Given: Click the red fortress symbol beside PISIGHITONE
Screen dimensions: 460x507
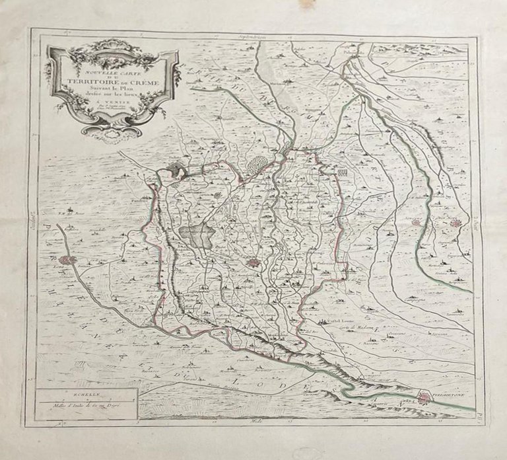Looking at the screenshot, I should click(x=424, y=397).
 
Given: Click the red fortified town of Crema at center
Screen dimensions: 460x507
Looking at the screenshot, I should click(x=254, y=264).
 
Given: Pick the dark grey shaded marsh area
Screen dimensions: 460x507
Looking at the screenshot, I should click(x=195, y=234).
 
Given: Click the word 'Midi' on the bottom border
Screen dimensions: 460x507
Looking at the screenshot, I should click(x=253, y=421).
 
